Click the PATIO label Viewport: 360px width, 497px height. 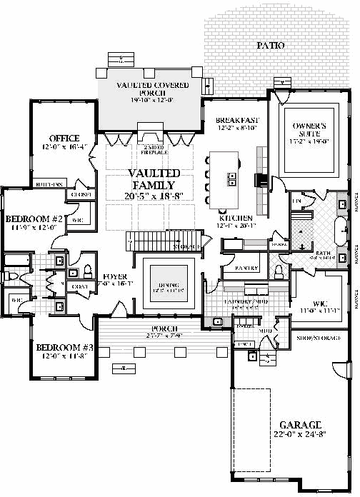pyautogui.click(x=270, y=46)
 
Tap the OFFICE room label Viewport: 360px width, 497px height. pyautogui.click(x=64, y=138)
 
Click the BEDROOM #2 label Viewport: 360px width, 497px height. pyautogui.click(x=36, y=219)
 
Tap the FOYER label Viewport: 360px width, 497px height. pyautogui.click(x=114, y=275)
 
